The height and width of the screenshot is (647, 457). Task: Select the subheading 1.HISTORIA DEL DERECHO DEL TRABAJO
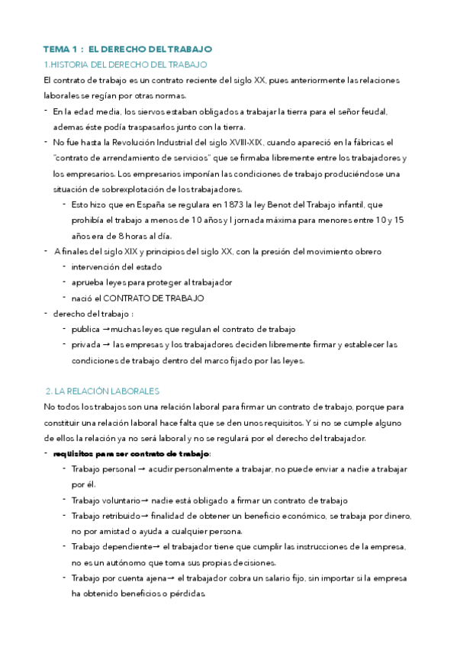pyautogui.click(x=125, y=64)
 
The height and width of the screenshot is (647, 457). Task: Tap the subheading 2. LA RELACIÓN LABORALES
pyautogui.click(x=103, y=391)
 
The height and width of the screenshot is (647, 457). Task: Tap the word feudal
pyautogui.click(x=373, y=111)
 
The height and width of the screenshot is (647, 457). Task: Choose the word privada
pyautogui.click(x=86, y=344)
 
